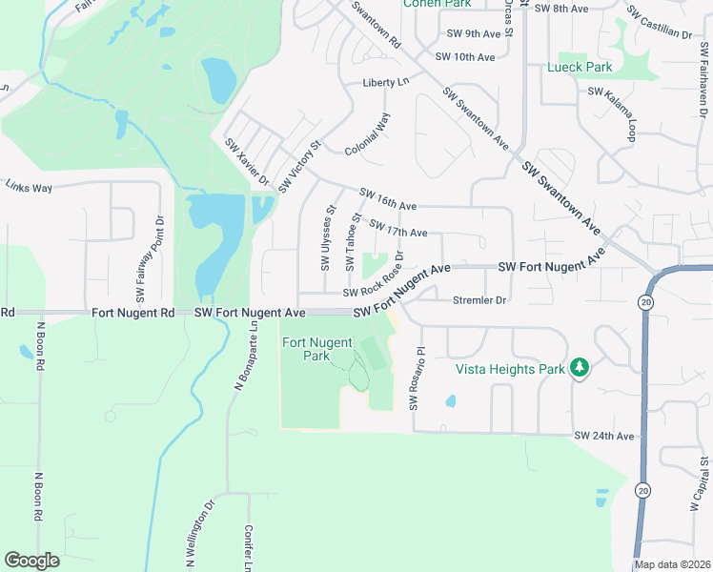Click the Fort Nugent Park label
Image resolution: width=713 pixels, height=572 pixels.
click(x=316, y=349)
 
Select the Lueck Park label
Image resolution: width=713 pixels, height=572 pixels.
click(x=580, y=68)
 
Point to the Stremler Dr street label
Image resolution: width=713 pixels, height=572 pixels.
click(x=479, y=300)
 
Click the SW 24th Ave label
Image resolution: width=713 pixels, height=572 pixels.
click(x=603, y=436)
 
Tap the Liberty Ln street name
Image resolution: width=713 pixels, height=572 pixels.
click(x=385, y=83)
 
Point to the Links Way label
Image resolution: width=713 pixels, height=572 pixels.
click(x=29, y=188)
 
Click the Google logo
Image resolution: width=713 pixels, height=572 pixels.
click(x=32, y=560)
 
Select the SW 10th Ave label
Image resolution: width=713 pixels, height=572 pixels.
click(x=465, y=57)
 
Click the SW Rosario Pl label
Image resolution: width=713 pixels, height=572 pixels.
click(x=415, y=378)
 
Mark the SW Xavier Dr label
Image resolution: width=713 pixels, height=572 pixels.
click(x=248, y=162)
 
